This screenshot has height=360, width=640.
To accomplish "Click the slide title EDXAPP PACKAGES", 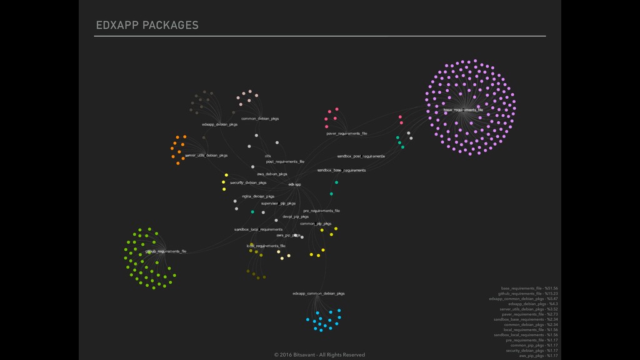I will coord(147,26).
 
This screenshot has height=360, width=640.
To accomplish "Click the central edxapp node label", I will coord(295,184).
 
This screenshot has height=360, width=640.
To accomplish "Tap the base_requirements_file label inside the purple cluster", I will coord(463,110).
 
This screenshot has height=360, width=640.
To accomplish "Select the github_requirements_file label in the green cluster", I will coord(166,251).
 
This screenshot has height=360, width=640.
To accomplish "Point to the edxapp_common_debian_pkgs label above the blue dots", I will coord(318,293).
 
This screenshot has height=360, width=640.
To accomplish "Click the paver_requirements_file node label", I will coord(347,134).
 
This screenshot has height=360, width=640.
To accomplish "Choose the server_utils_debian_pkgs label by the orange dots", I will coord(206,155).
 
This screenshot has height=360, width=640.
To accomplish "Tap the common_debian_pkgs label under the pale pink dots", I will coord(260,118).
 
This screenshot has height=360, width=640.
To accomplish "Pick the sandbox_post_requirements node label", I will coord(361,156).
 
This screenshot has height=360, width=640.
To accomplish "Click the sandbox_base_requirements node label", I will coord(341,170).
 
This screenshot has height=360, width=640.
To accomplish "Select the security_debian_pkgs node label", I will coord(248,183).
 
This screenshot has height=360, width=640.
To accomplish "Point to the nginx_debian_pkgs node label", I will coord(258,196).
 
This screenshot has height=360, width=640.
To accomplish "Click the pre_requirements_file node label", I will coord(322,211).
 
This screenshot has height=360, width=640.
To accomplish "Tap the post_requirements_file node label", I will coord(285,161).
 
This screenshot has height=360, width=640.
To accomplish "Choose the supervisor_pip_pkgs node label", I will coord(278,203).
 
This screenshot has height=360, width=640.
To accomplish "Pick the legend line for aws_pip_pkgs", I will coord(538,356).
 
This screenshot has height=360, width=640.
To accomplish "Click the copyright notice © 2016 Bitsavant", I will coord(319,354).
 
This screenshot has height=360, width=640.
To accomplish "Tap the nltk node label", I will coord(268,156).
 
